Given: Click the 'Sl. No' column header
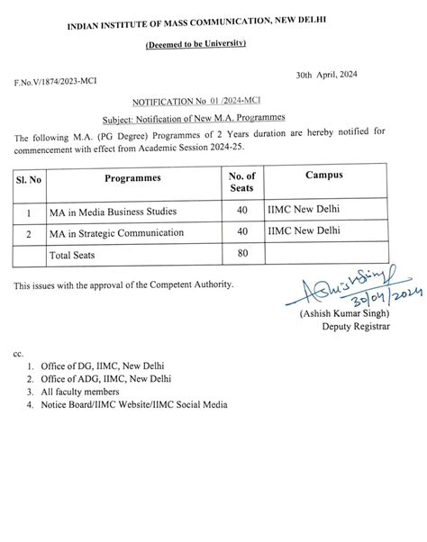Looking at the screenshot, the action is [x=31, y=179].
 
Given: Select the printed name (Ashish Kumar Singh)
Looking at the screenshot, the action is [x=346, y=313].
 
